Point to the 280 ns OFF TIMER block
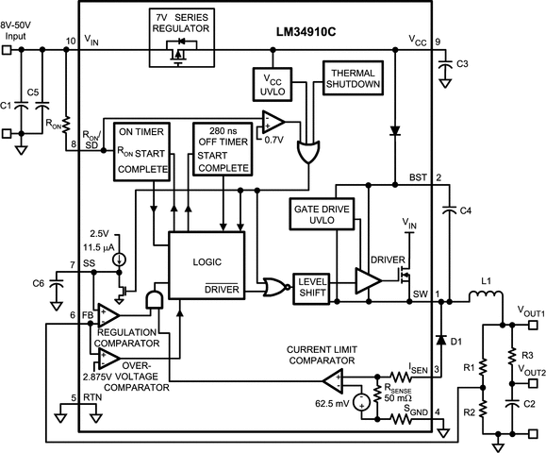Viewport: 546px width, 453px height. pyautogui.click(x=223, y=149)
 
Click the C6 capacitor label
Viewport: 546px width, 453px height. pyautogui.click(x=38, y=284)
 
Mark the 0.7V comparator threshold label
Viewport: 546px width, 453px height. pyautogui.click(x=274, y=139)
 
